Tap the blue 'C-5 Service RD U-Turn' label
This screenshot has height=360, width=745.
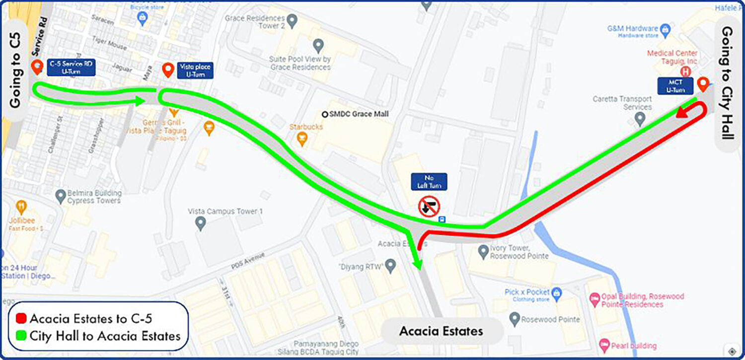coord(71,68)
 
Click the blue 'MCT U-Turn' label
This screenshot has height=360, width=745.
coord(675,86)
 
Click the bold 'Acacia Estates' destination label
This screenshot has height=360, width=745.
coord(441,331)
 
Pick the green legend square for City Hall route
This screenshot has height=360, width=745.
coord(21,336)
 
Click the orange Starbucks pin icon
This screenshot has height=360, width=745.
coord(301,140)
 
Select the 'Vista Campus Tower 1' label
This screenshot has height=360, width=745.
coord(225,212)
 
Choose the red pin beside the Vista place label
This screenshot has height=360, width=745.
coord(168,70)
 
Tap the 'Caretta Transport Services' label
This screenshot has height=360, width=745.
coord(622,103)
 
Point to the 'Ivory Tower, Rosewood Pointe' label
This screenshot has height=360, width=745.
coord(519,252)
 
